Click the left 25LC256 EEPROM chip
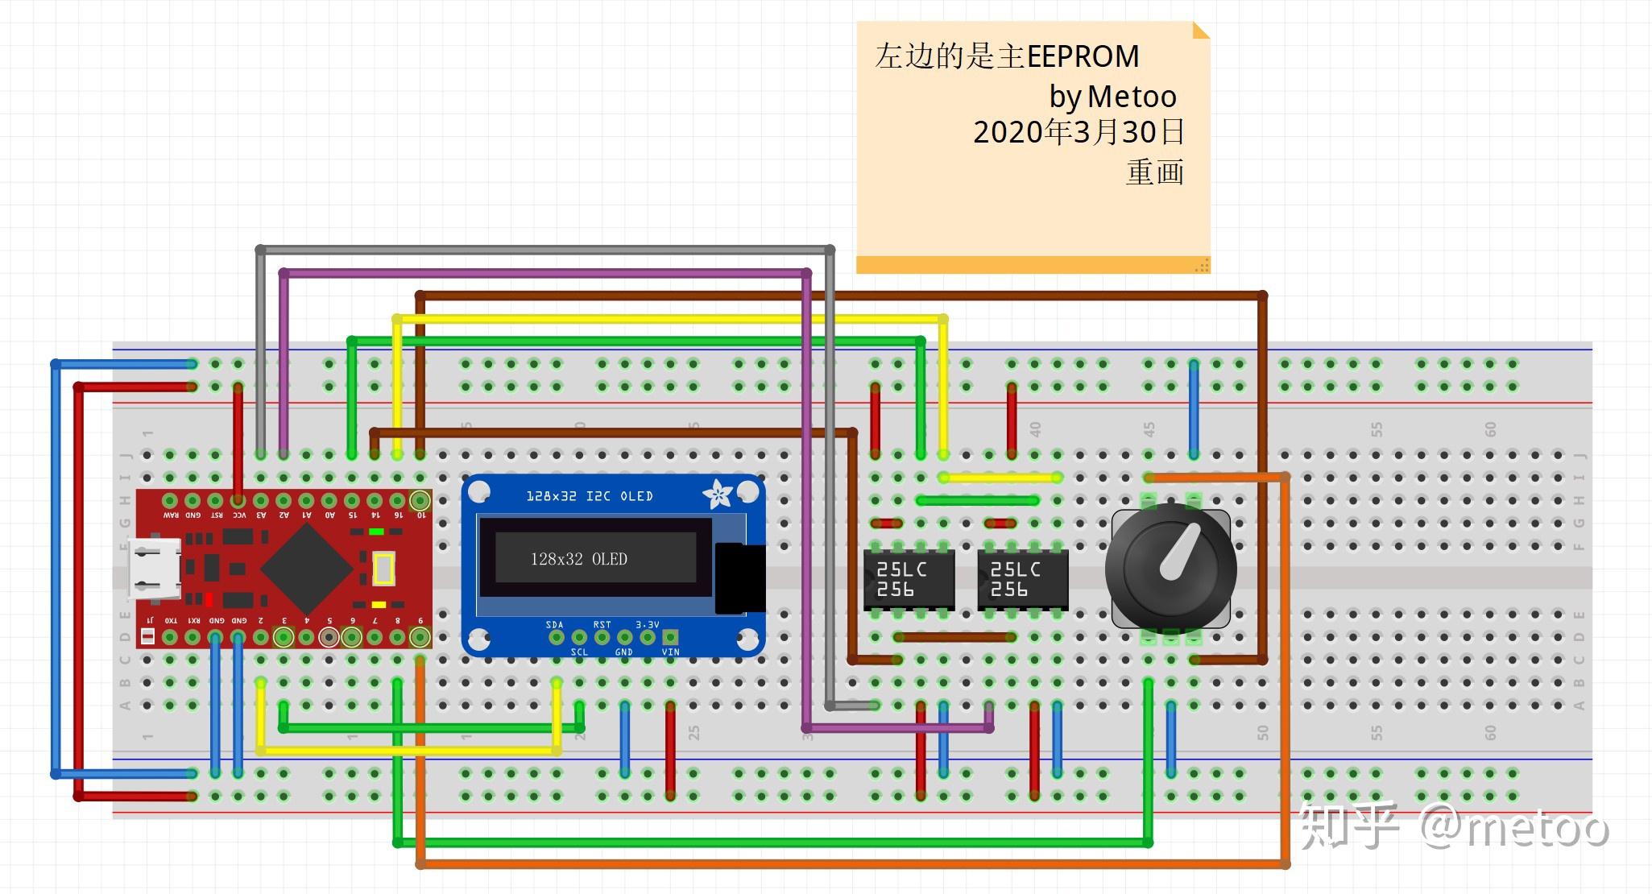(909, 579)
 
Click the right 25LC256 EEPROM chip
(1022, 579)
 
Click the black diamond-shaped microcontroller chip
(306, 569)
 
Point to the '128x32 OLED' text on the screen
(578, 559)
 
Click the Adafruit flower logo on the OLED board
(717, 494)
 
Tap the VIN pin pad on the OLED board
(670, 637)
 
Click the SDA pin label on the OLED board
(554, 625)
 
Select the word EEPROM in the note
(1083, 56)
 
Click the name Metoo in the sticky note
(1132, 97)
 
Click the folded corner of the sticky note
(1200, 31)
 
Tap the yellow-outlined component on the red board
(383, 569)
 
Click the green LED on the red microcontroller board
(375, 532)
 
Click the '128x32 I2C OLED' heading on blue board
(589, 496)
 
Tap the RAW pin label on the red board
(171, 515)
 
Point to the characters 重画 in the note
(1154, 172)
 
